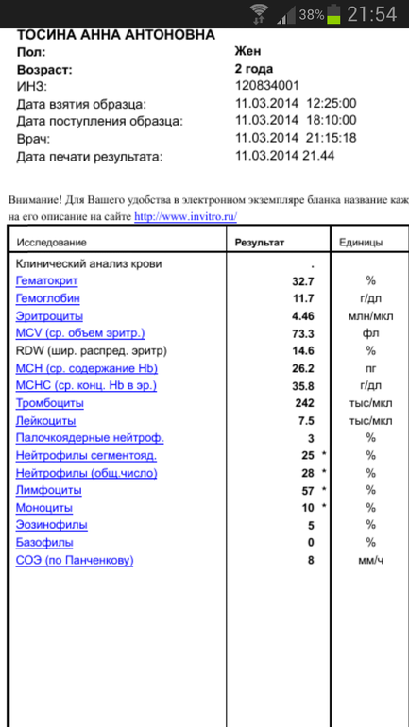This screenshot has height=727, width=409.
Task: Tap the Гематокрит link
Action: click(46, 281)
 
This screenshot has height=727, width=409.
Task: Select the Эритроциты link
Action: click(49, 316)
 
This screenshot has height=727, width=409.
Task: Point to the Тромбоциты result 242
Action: click(304, 403)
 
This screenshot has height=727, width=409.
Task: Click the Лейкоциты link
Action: click(45, 421)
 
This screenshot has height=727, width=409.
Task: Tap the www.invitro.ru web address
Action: click(185, 215)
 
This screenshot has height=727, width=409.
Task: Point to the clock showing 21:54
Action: click(374, 14)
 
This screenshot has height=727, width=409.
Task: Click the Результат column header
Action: click(259, 243)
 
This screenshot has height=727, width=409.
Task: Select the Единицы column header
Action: click(361, 243)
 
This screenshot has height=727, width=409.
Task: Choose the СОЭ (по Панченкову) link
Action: click(75, 561)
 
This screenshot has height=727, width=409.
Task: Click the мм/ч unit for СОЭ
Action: click(370, 561)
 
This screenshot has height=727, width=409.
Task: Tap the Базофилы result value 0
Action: click(310, 543)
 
